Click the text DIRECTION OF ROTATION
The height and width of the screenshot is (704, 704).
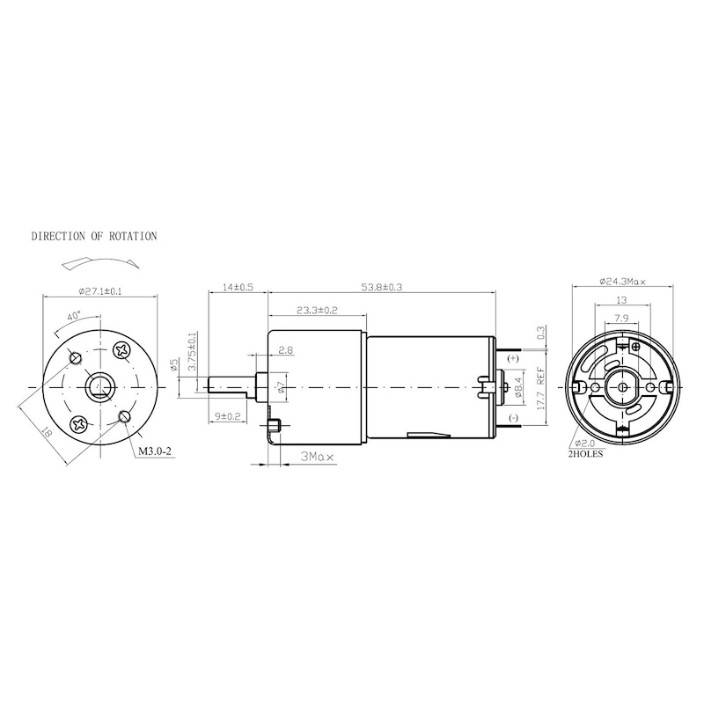[94, 237]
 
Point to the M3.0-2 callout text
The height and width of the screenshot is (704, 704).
[154, 453]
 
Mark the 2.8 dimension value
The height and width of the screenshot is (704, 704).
[285, 350]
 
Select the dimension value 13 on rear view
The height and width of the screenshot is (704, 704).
[622, 301]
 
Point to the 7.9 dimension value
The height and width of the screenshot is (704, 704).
[622, 319]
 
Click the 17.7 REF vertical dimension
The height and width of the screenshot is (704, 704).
[540, 387]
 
